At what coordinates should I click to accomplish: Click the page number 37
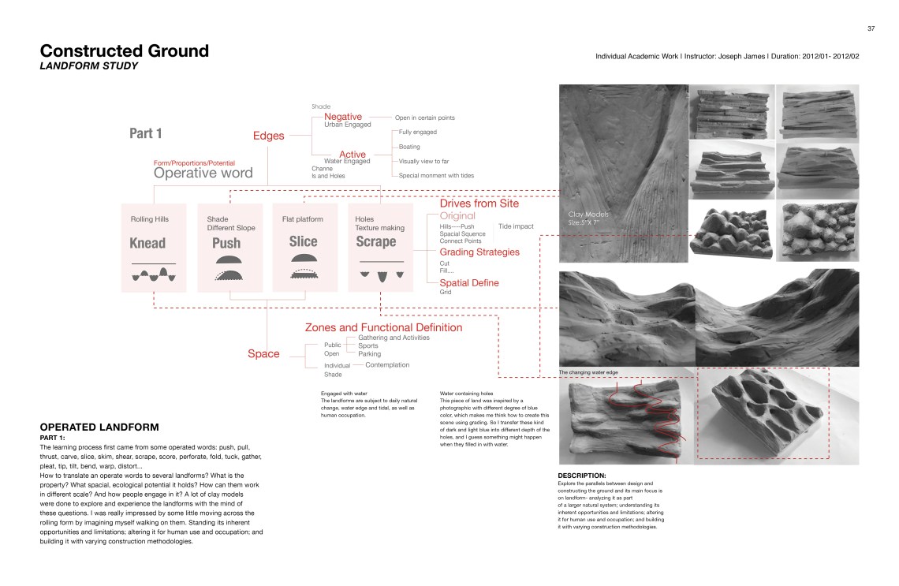click(x=871, y=28)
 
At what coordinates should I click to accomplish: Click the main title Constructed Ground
click(x=125, y=51)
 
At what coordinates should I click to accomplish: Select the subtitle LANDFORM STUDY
click(x=89, y=66)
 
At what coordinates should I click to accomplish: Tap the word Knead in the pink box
click(x=147, y=243)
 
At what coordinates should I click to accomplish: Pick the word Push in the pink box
click(x=226, y=243)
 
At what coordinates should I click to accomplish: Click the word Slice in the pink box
click(x=303, y=242)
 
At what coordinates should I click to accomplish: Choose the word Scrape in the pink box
click(x=376, y=241)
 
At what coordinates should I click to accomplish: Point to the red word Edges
click(x=268, y=136)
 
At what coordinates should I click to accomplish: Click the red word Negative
click(x=342, y=117)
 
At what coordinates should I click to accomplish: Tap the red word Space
click(x=263, y=353)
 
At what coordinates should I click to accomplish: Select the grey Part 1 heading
click(x=146, y=133)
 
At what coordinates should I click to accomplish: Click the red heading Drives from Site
click(x=479, y=203)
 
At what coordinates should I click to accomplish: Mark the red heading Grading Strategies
click(x=479, y=252)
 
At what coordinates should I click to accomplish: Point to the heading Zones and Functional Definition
click(x=383, y=327)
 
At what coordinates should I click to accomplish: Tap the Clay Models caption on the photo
click(x=588, y=214)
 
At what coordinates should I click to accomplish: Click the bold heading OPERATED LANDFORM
click(x=99, y=427)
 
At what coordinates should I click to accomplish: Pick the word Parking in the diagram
click(x=370, y=354)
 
